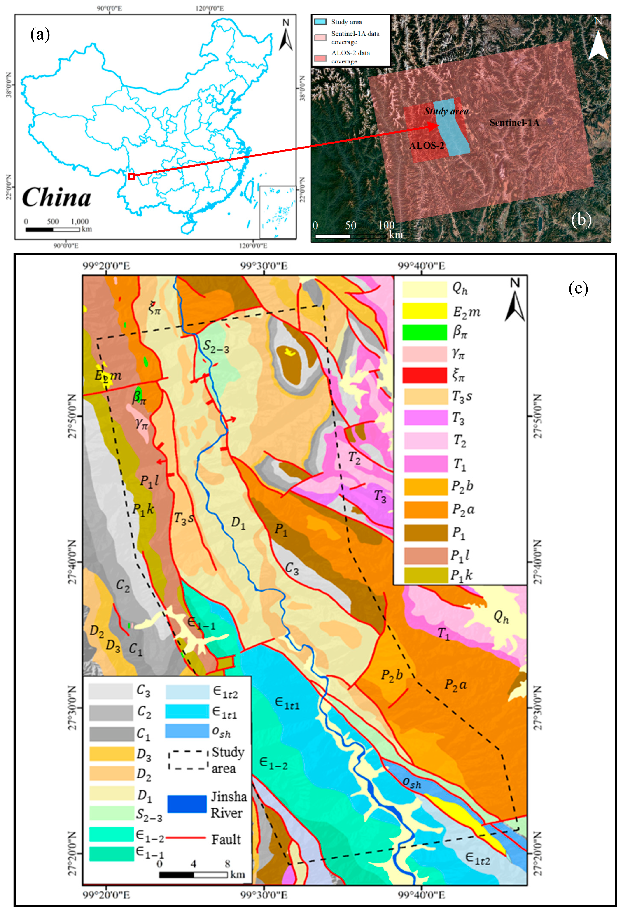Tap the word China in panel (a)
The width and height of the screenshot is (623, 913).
pyautogui.click(x=57, y=197)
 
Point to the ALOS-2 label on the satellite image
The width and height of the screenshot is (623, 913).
pyautogui.click(x=427, y=146)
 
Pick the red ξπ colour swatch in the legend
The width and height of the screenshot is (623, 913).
pyautogui.click(x=425, y=375)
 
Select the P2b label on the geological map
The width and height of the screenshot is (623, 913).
pyautogui.click(x=392, y=675)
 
